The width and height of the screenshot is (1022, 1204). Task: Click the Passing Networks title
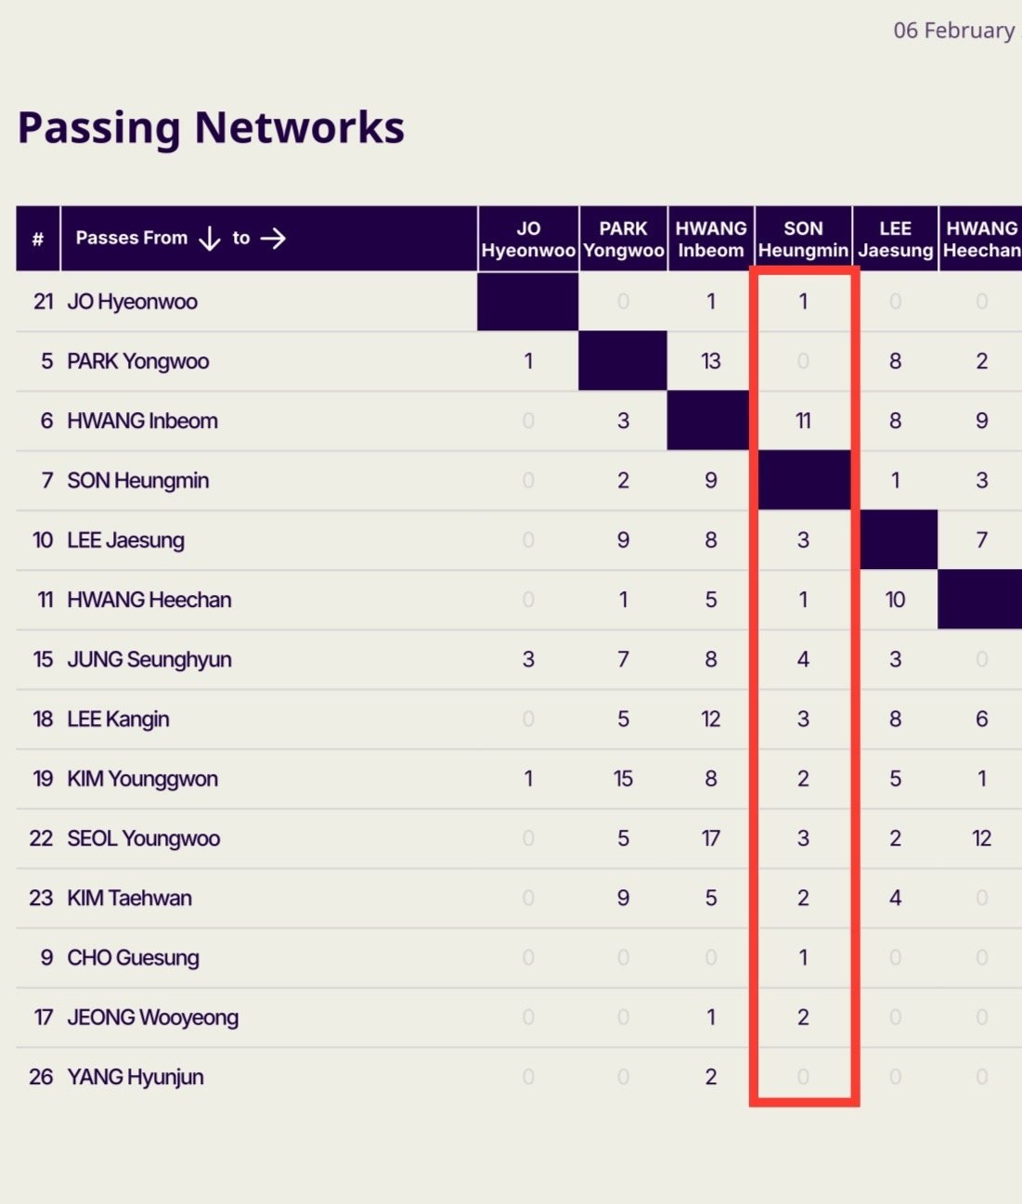coord(211,127)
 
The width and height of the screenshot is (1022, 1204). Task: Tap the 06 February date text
coord(953,31)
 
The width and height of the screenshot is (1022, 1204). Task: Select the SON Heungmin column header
coord(803,240)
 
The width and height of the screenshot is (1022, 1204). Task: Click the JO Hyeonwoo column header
coord(528,240)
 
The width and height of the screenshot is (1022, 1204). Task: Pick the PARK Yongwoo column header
coord(623,240)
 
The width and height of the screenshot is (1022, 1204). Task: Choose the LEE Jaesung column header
coord(895,240)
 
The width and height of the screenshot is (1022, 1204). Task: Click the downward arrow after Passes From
coord(210,239)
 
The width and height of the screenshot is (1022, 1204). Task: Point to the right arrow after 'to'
coord(273,239)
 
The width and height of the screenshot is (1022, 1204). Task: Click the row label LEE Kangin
coord(118,719)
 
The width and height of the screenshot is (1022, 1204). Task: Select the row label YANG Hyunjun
coord(136,1077)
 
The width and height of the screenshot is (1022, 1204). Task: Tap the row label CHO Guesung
coord(133,958)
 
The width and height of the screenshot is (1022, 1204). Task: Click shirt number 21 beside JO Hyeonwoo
coord(43,302)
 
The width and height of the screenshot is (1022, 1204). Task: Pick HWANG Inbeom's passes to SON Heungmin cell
coord(803,421)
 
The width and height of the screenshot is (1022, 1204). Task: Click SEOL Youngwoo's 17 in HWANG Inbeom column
coord(711,838)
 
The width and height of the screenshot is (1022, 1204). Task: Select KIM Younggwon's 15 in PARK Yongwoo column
coord(623,779)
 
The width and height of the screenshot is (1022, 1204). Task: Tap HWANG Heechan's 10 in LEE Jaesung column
coord(895,600)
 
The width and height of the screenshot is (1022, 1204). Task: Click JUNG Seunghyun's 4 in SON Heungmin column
coord(803,659)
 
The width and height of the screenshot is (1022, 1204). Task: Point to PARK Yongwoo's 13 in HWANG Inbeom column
coord(711,361)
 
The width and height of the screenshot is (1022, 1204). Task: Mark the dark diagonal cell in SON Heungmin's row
coord(804,480)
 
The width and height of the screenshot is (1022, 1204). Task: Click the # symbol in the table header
coord(38,240)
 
